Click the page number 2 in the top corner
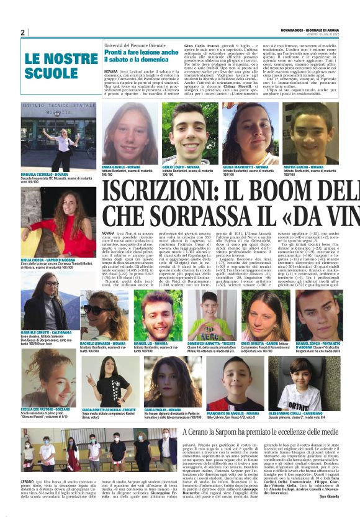pyautogui.click(x=23, y=32)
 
